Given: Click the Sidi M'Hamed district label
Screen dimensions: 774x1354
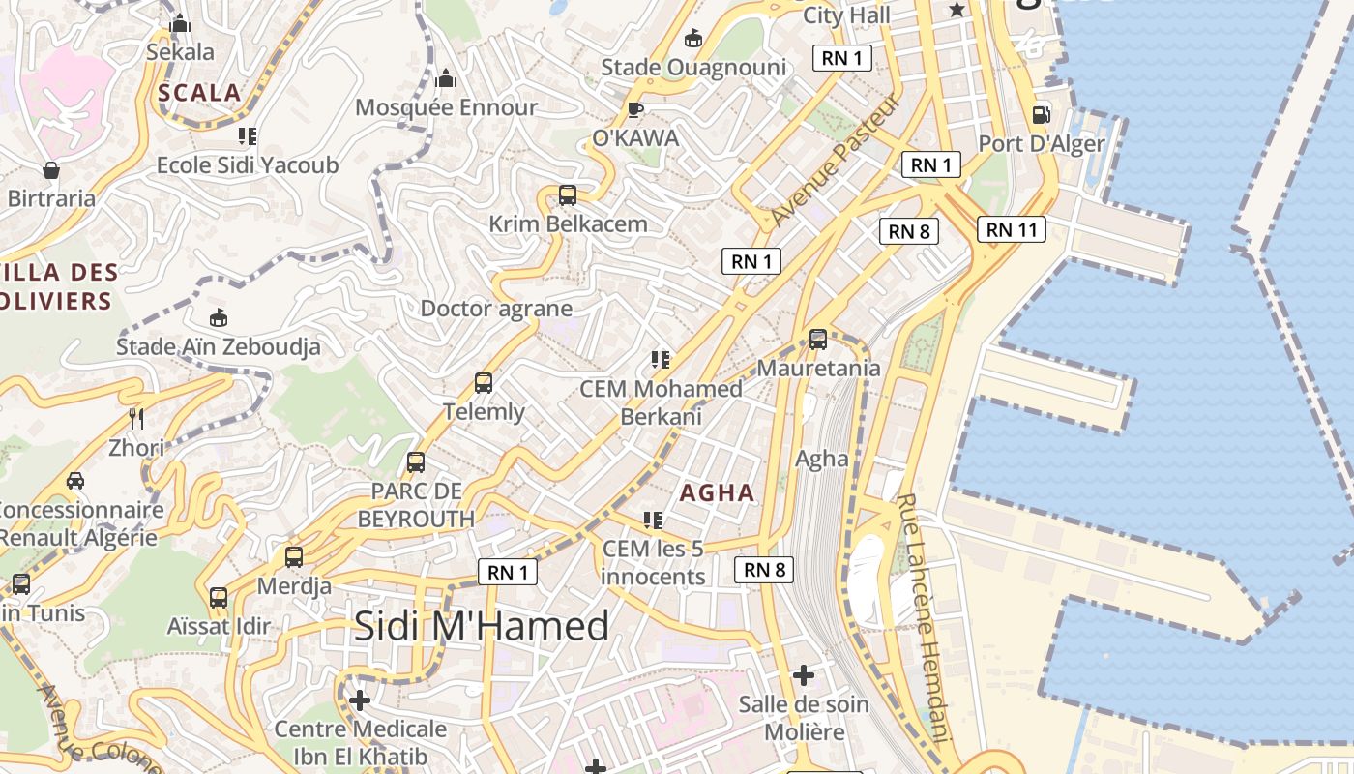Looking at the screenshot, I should (x=481, y=626).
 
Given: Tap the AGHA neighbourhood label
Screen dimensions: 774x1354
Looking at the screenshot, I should (x=717, y=492).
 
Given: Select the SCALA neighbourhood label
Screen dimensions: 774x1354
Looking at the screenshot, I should (x=198, y=93).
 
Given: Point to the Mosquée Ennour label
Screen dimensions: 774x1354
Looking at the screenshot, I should (x=446, y=106).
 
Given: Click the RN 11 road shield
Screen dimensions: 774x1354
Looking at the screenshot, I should (x=1012, y=229).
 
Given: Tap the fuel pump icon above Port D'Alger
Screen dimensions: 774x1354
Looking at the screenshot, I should (x=1041, y=114).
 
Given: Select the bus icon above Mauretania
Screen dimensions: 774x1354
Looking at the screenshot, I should (x=818, y=340).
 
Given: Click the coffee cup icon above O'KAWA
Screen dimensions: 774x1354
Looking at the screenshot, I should (x=635, y=109).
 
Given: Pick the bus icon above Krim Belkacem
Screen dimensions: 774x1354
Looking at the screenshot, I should (x=568, y=195).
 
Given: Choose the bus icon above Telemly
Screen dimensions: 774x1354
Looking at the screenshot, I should (x=484, y=383).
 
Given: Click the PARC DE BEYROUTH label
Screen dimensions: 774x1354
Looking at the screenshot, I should (x=416, y=505).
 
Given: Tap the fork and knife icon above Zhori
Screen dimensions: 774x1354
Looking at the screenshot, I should (x=136, y=419).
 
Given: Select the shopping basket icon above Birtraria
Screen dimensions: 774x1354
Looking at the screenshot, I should (x=51, y=171).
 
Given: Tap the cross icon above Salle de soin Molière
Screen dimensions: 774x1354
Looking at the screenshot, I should (x=804, y=674).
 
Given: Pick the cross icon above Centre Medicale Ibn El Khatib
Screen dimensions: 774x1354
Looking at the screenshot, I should (x=360, y=700).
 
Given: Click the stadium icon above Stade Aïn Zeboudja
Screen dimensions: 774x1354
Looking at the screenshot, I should (x=219, y=317).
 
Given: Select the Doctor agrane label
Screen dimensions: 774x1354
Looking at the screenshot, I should (x=496, y=309).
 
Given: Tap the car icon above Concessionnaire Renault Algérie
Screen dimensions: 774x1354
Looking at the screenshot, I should (x=75, y=481).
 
